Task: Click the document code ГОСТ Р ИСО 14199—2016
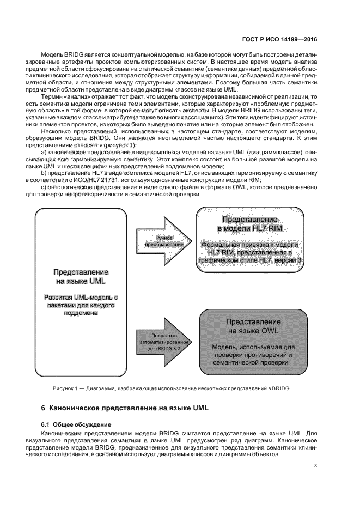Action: [x=278, y=40]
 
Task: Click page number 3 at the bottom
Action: [x=316, y=465]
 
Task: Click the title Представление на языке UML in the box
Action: [x=80, y=276]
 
